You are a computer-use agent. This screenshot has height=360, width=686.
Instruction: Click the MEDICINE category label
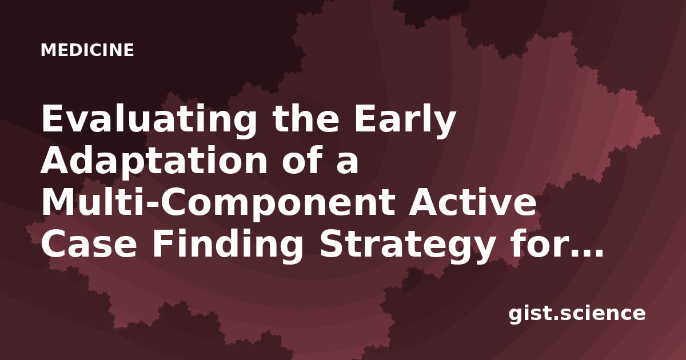click(87, 50)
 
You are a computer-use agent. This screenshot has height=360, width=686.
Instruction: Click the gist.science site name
click(577, 314)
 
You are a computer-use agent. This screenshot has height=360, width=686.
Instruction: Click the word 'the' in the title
click(306, 118)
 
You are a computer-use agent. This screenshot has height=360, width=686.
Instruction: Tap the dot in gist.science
click(554, 317)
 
